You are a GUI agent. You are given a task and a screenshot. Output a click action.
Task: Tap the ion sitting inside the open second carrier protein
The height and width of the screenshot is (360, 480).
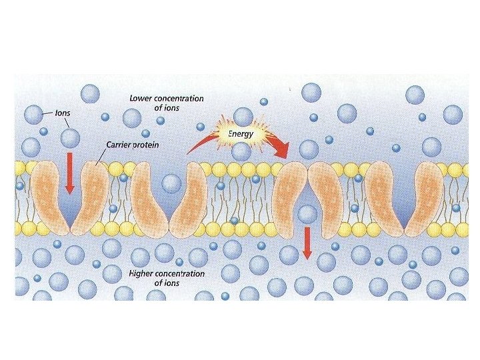[x=171, y=182]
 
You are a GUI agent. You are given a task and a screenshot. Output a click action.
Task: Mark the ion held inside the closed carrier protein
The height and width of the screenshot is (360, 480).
[x=307, y=214]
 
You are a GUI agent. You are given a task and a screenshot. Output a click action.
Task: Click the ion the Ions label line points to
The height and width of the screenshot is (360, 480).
[x=33, y=115]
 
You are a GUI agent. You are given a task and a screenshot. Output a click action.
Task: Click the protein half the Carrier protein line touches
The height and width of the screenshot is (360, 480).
[x=90, y=193]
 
